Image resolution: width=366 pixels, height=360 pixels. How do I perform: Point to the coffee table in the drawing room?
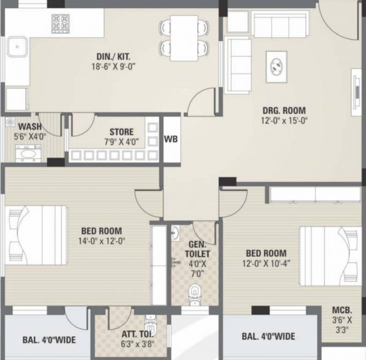tap(277, 66)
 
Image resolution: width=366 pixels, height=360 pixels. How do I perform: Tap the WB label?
tap(171, 139)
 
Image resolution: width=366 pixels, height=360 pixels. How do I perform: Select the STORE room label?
tap(121, 132)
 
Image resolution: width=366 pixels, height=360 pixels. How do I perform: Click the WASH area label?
tap(30, 127)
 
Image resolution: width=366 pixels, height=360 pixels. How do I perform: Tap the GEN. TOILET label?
tap(199, 249)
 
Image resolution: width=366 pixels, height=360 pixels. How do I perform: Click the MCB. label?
tap(342, 310)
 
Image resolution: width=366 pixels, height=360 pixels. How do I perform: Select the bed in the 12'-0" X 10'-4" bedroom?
tap(330, 255)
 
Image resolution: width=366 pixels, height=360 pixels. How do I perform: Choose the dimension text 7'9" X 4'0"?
tap(121, 142)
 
